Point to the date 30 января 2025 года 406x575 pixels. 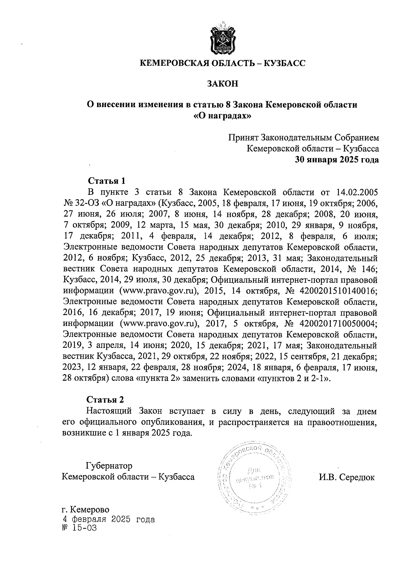tap(337, 159)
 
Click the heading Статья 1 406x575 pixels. tap(107, 180)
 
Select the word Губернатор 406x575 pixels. tap(109, 465)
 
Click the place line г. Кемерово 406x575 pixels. tap(86, 509)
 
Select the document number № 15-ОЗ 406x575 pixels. tap(80, 528)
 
